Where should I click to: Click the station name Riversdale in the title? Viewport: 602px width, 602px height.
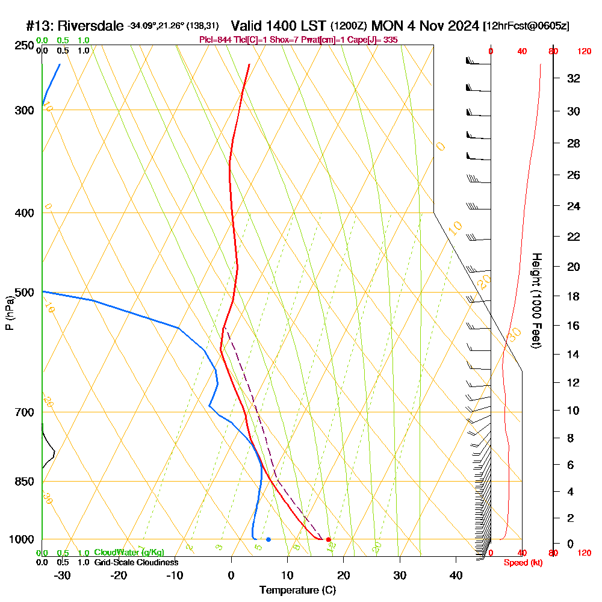tap(91, 26)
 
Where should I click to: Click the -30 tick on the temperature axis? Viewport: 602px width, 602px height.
tap(63, 576)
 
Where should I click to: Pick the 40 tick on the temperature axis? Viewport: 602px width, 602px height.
tap(456, 576)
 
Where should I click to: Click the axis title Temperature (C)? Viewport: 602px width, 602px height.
tap(297, 591)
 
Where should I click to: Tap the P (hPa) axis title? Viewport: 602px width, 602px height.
tap(9, 312)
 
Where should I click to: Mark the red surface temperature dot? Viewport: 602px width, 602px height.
tap(328, 539)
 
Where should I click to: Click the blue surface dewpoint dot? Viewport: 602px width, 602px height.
tap(268, 539)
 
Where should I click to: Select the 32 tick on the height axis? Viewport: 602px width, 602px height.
tap(574, 78)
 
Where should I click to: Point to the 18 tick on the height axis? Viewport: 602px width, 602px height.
tap(574, 296)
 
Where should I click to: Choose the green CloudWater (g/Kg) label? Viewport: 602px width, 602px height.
tap(129, 553)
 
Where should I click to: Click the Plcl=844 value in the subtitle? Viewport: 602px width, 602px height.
tap(216, 40)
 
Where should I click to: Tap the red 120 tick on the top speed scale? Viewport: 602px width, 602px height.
tap(583, 52)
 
